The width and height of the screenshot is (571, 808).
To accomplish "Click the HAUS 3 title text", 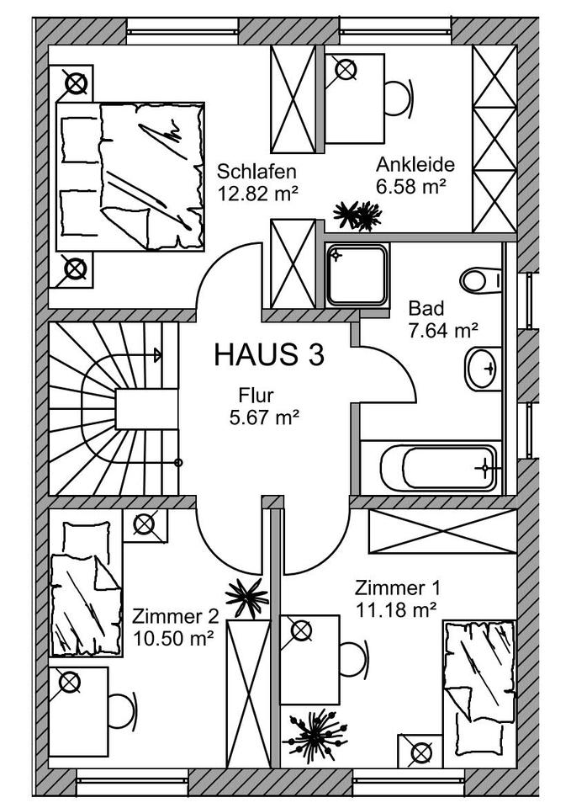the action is tap(269, 355).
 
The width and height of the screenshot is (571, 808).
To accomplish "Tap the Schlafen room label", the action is tap(256, 171).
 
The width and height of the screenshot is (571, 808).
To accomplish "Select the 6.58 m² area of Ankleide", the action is tap(410, 186).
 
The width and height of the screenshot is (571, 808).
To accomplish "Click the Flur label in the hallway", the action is tap(256, 396).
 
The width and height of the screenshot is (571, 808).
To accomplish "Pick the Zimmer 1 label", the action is tap(398, 588).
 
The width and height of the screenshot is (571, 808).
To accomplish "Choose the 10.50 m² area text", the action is tap(173, 639).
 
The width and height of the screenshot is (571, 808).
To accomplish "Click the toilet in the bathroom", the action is tap(480, 280).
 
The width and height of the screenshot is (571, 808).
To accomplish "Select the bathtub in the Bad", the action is tap(439, 468).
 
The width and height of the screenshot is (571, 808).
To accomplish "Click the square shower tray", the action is tap(357, 274).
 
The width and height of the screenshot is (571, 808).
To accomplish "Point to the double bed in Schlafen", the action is tap(130, 176).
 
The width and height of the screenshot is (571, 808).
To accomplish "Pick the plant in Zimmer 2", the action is tap(247, 598).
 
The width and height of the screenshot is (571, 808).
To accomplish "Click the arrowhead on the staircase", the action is tap(157, 355).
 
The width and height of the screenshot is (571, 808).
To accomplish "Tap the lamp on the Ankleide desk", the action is tap(345, 69).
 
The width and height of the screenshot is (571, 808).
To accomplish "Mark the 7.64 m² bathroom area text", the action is tap(443, 330).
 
